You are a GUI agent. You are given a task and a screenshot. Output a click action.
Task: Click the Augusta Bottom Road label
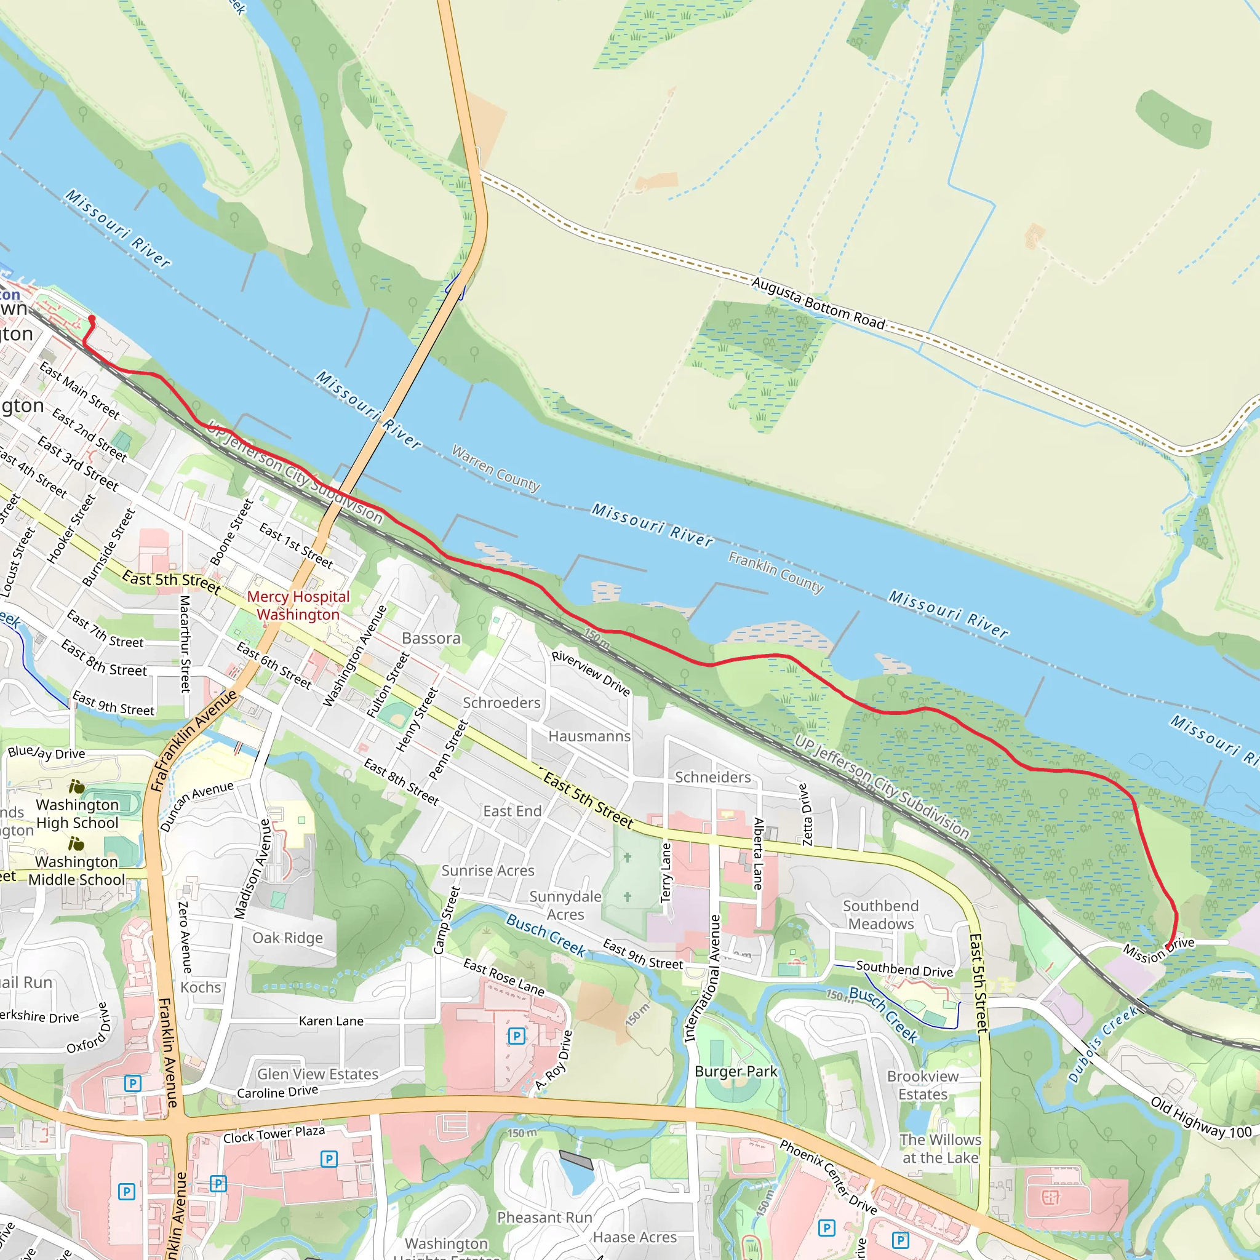tap(818, 303)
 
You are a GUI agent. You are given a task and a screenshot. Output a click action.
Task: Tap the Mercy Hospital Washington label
tap(298, 605)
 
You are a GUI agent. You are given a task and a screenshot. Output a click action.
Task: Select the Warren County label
tap(496, 469)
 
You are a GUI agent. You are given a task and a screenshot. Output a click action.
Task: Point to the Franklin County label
tap(775, 572)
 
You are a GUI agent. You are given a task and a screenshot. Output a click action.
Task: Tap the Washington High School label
tap(77, 813)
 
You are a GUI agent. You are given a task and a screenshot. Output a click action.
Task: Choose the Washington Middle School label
tap(76, 870)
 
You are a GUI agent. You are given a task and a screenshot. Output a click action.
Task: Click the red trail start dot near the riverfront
tap(92, 319)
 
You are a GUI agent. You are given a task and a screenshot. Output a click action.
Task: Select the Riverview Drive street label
tap(590, 673)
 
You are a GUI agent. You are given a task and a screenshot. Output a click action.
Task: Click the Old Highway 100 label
tap(1201, 1117)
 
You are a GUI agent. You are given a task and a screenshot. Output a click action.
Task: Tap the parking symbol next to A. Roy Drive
tap(517, 1035)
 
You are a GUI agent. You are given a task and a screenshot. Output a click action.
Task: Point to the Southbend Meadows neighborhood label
tap(880, 914)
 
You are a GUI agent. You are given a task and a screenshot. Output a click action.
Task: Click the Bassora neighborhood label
tap(431, 638)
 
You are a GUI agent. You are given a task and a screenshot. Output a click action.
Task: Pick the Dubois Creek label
tap(1102, 1043)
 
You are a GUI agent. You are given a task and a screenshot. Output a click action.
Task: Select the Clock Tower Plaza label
tap(274, 1134)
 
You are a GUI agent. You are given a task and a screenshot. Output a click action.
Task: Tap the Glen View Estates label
tap(317, 1074)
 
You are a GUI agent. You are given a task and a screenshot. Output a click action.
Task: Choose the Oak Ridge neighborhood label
tap(287, 938)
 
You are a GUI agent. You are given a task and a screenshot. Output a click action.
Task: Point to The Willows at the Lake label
tap(940, 1149)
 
